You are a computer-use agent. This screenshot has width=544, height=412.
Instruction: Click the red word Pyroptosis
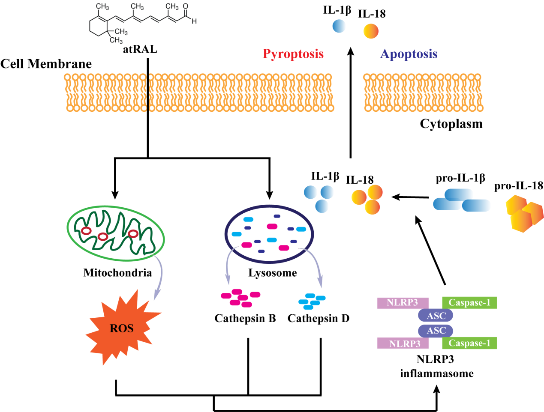coord(293,54)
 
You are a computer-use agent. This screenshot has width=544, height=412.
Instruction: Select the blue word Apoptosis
coord(409,54)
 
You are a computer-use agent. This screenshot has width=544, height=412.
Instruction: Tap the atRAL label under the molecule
coord(140,49)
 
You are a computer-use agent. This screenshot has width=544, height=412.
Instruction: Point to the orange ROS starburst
coord(122,328)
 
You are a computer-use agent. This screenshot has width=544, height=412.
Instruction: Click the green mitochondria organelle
coord(116,233)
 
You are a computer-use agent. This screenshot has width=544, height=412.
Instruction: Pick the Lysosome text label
coord(273,273)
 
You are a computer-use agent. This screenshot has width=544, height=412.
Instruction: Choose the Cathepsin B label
coord(245,318)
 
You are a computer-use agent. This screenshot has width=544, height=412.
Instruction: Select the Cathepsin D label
coord(319,318)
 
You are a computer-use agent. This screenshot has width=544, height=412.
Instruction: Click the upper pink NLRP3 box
coord(403,303)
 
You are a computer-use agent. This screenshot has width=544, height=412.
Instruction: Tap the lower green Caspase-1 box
coord(469,343)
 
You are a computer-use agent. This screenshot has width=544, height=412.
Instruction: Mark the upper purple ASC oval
coord(436,316)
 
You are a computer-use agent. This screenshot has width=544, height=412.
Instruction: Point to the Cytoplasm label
coord(451,124)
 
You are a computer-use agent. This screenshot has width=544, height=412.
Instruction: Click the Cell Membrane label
coord(46,64)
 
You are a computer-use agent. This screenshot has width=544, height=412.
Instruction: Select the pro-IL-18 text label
coord(519,186)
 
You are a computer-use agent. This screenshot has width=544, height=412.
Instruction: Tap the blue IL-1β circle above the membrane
coord(339,26)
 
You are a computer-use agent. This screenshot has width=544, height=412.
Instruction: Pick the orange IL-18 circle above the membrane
coord(371,31)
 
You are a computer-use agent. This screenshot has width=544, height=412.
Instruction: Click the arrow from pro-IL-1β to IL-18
coord(410,197)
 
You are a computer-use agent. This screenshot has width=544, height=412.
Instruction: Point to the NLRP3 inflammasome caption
coord(436,366)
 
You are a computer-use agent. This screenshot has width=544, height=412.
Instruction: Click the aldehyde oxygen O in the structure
coord(186,6)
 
